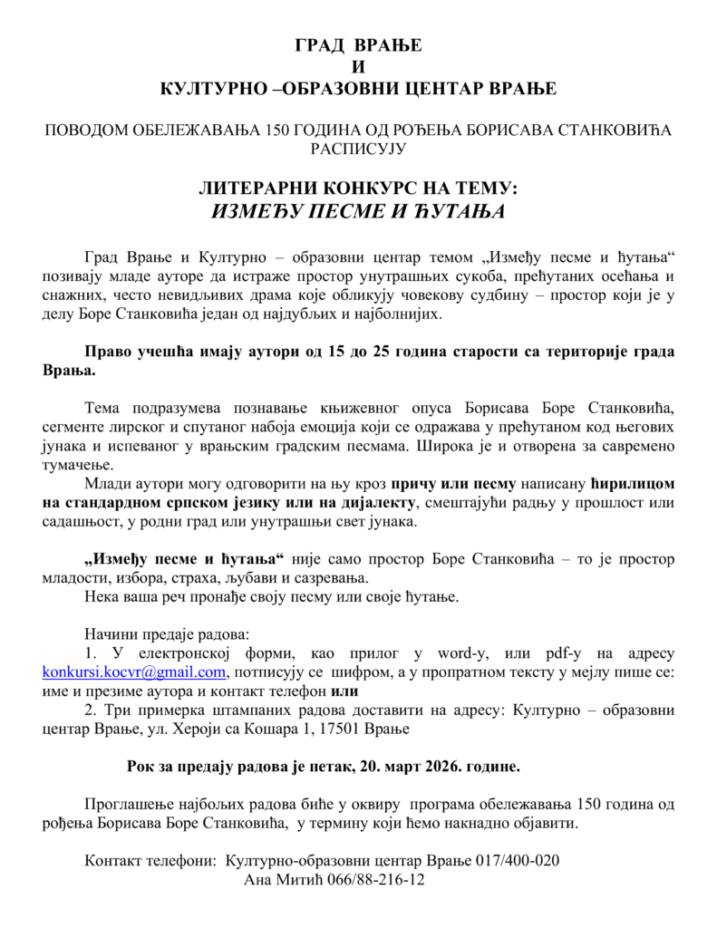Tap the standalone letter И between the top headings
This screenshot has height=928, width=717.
pyautogui.click(x=358, y=68)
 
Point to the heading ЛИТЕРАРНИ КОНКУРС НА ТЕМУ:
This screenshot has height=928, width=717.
pyautogui.click(x=358, y=188)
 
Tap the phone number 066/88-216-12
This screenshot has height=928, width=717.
pyautogui.click(x=380, y=879)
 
